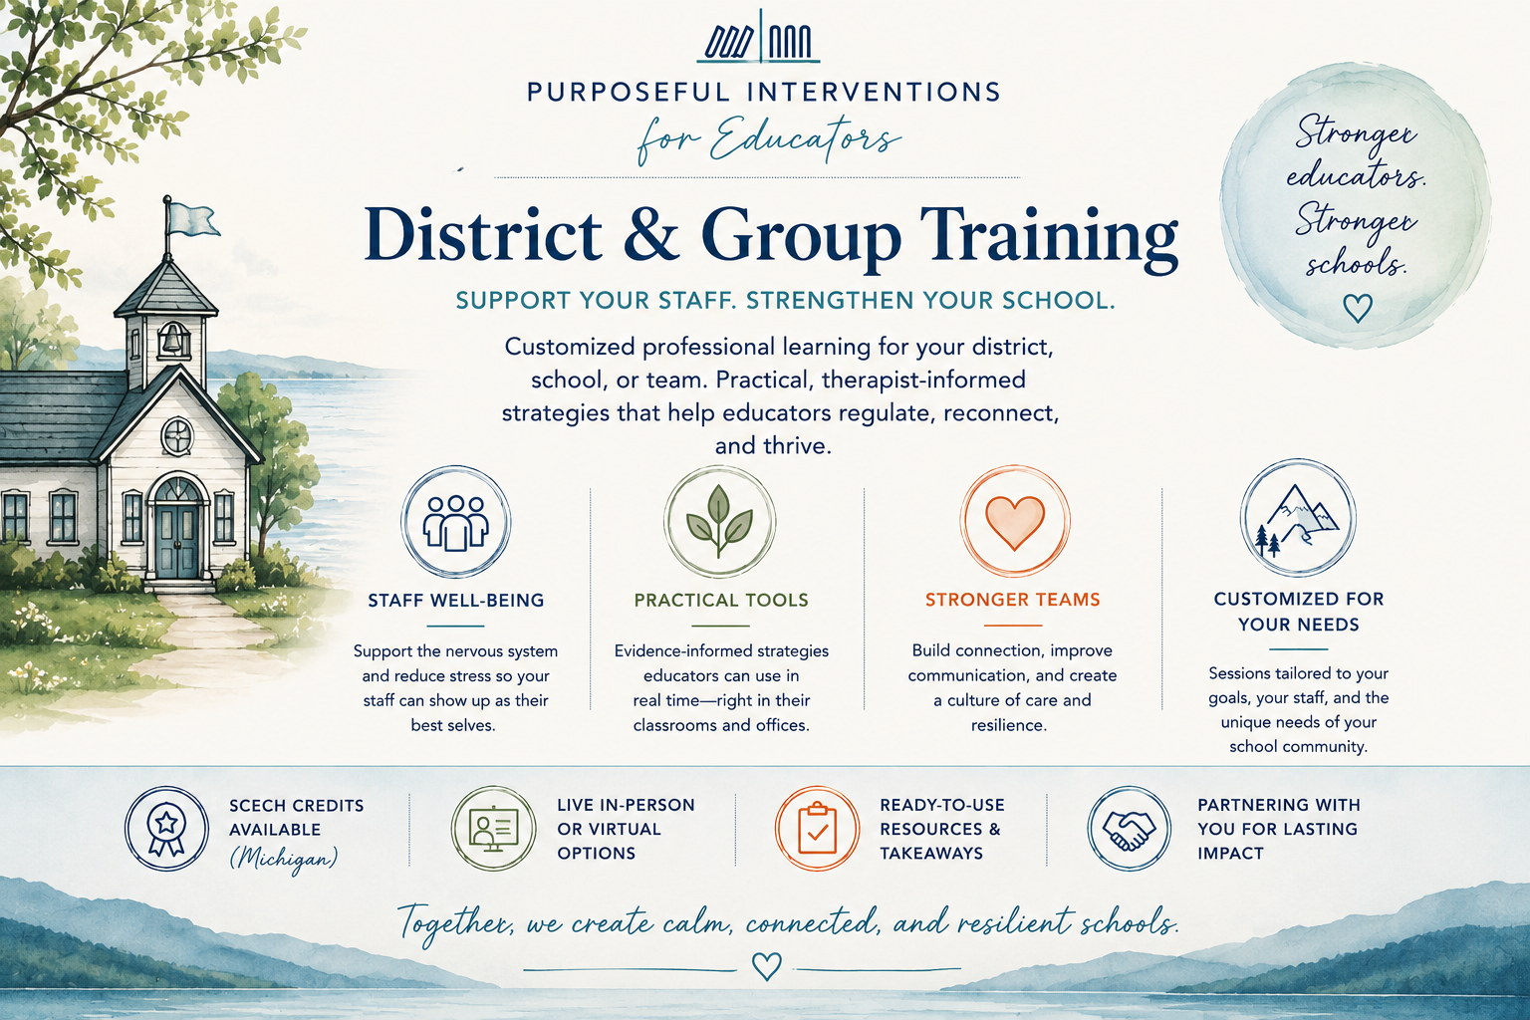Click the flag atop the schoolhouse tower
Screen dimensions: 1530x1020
(x=192, y=219)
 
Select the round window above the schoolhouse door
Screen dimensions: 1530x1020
(x=177, y=435)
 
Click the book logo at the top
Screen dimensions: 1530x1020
(x=758, y=39)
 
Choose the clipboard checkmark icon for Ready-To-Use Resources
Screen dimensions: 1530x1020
(x=817, y=828)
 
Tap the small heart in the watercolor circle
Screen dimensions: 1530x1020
(x=1358, y=308)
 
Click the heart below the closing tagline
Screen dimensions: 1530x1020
(x=766, y=966)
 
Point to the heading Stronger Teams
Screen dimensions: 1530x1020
(x=1013, y=600)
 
